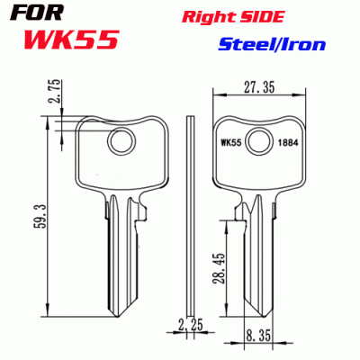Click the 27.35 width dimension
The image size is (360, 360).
pyautogui.click(x=261, y=87)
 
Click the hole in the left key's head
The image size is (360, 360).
pyautogui.click(x=119, y=141)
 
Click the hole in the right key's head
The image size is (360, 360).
pyautogui.click(x=261, y=141)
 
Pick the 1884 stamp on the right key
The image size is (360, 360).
pyautogui.click(x=289, y=142)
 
